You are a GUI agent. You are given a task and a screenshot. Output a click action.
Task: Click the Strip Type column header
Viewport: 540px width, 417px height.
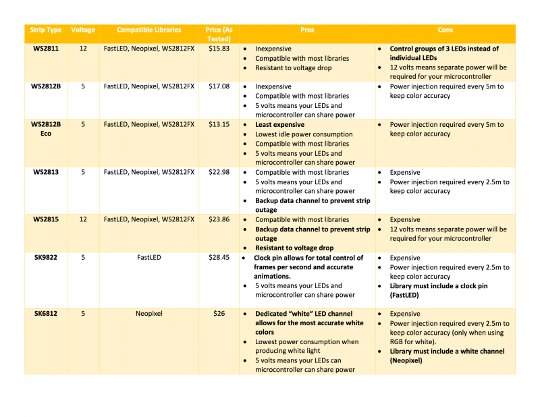pos(46,30)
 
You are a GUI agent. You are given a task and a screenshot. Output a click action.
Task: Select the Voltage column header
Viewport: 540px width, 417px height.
pos(83,30)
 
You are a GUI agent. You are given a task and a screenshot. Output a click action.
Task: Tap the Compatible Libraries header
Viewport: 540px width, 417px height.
pos(149,30)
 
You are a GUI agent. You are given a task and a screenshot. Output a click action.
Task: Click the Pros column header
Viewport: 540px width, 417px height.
pos(307,30)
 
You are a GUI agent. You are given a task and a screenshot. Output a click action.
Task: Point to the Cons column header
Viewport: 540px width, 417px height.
pos(446,30)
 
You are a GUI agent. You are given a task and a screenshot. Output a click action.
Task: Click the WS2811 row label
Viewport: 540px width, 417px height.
pos(46,49)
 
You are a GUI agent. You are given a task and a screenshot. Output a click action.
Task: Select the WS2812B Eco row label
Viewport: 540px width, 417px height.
pos(46,129)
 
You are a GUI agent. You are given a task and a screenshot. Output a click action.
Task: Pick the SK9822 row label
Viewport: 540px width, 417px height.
pos(46,258)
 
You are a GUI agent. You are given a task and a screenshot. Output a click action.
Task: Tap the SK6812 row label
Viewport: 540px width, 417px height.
pos(46,314)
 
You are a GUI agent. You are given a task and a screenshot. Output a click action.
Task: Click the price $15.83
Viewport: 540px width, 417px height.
pos(219,49)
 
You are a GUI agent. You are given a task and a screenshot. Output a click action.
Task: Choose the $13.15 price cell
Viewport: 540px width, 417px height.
pos(219,125)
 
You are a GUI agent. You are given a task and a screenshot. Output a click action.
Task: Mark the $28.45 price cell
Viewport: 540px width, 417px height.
pos(219,258)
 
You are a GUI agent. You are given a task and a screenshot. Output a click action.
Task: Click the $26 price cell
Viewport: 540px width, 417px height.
pos(219,314)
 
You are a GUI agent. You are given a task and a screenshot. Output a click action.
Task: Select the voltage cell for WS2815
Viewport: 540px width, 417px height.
pos(83,220)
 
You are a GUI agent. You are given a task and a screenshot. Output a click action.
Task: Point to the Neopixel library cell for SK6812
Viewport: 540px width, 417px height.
pos(149,314)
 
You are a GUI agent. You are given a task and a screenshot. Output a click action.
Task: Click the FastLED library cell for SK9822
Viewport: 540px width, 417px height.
pos(149,258)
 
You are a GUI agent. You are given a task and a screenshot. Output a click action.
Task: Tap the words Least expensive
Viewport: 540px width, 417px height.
pos(279,125)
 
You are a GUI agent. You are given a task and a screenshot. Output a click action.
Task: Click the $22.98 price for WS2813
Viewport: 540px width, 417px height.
pos(219,172)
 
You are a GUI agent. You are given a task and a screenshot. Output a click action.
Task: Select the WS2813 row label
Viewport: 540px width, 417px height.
pos(46,172)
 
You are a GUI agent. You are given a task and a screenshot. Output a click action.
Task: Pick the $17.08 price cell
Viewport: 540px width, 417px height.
pos(219,86)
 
